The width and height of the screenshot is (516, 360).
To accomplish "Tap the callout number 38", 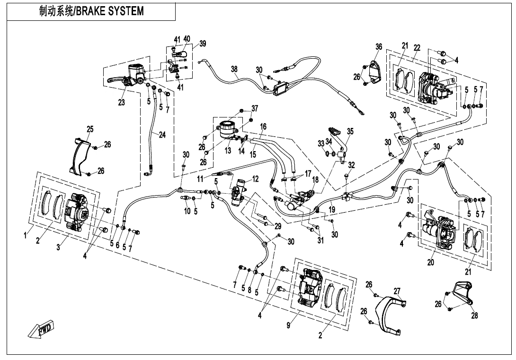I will pyautogui.click(x=234, y=69).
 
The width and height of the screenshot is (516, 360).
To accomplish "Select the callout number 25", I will pyautogui.click(x=90, y=129).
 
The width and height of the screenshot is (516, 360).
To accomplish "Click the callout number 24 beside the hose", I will pyautogui.click(x=162, y=135).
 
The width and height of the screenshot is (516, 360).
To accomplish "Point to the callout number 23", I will pyautogui.click(x=122, y=102).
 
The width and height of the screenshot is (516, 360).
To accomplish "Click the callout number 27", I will pyautogui.click(x=397, y=290).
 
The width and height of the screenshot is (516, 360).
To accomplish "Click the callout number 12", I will pyautogui.click(x=255, y=179).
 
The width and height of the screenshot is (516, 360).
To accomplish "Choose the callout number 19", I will pyautogui.click(x=333, y=209).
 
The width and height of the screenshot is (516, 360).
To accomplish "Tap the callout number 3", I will pyautogui.click(x=58, y=248).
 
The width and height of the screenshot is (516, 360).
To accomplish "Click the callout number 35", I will pyautogui.click(x=350, y=131).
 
